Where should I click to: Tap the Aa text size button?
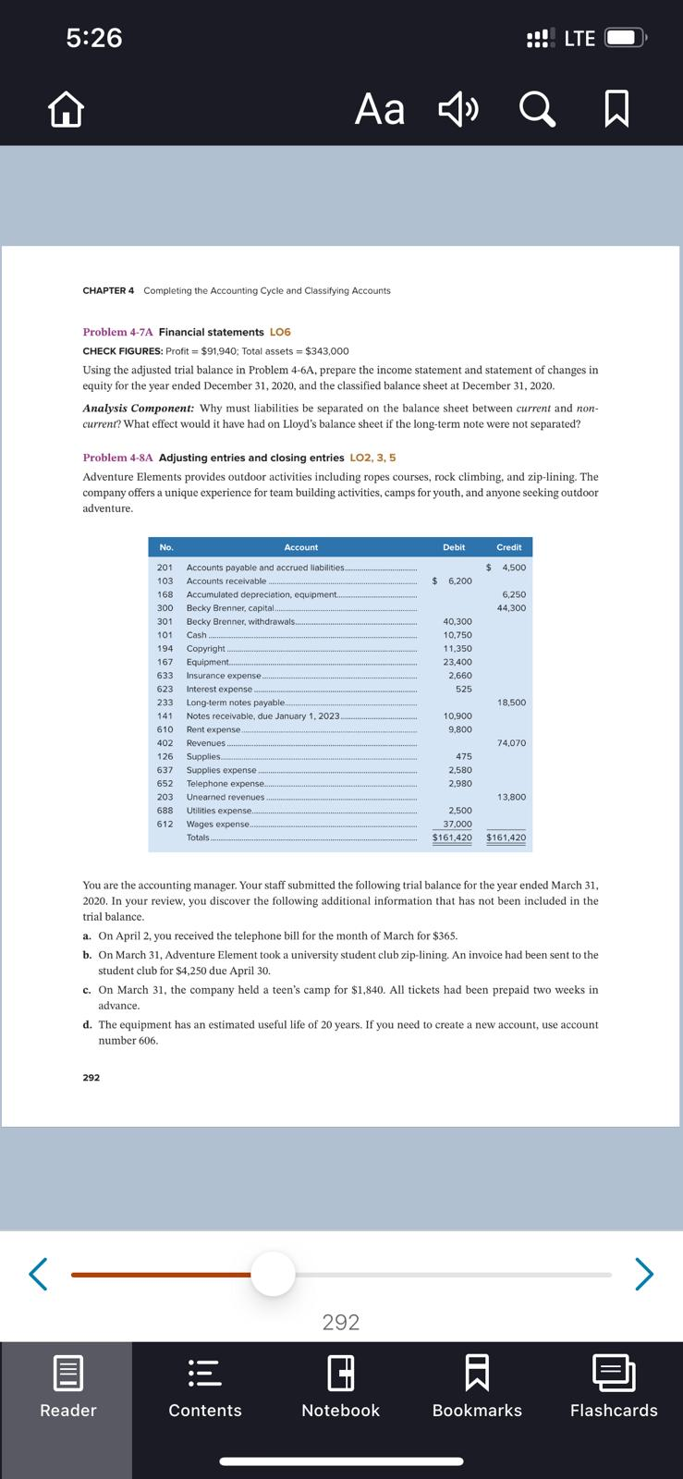click(x=380, y=110)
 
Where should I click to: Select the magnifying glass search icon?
click(x=537, y=110)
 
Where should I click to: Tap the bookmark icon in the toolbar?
click(x=616, y=110)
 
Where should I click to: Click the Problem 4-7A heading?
click(x=117, y=332)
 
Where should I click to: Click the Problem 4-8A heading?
click(x=117, y=458)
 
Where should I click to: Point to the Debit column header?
click(x=454, y=547)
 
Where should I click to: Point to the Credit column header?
click(x=508, y=547)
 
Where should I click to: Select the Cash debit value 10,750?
click(x=457, y=635)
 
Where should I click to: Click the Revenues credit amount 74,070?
click(x=511, y=743)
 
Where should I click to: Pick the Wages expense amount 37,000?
click(x=457, y=824)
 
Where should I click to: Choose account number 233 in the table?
click(x=165, y=703)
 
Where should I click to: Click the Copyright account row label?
click(x=205, y=649)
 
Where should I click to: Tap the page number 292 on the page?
click(x=91, y=1078)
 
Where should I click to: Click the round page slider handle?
click(x=273, y=1275)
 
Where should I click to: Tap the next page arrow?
click(x=644, y=1275)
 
